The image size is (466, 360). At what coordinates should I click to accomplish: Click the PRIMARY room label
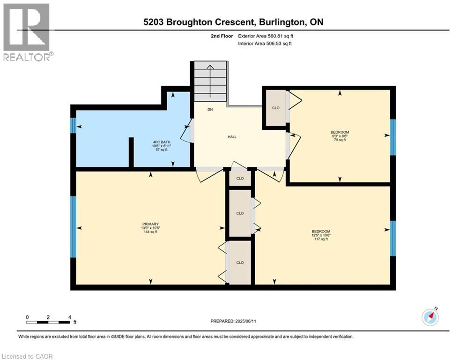click(x=150, y=224)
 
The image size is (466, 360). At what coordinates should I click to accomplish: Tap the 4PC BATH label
click(x=162, y=142)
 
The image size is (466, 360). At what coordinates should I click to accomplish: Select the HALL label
click(x=232, y=137)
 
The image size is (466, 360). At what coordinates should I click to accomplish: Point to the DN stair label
click(x=210, y=110)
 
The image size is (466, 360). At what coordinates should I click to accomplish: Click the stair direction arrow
click(x=210, y=81)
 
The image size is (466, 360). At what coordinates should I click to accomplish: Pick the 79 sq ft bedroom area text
click(x=340, y=140)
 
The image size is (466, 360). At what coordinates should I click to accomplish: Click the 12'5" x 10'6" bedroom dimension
click(x=321, y=235)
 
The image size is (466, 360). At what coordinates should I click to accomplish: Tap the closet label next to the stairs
click(x=276, y=108)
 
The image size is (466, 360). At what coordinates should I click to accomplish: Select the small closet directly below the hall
click(x=240, y=179)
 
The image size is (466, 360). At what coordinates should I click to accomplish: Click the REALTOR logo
click(x=26, y=32)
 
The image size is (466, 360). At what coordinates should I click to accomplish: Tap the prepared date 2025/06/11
click(x=245, y=321)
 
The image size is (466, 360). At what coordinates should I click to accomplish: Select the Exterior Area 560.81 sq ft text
click(x=266, y=36)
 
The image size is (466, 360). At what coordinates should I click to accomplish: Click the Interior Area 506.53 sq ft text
click(x=265, y=44)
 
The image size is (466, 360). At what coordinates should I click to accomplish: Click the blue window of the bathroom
click(x=73, y=126)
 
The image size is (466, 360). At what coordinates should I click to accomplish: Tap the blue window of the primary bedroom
click(x=73, y=227)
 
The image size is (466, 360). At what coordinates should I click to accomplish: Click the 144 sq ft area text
click(x=150, y=232)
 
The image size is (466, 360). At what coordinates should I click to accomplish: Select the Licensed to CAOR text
click(x=27, y=356)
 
